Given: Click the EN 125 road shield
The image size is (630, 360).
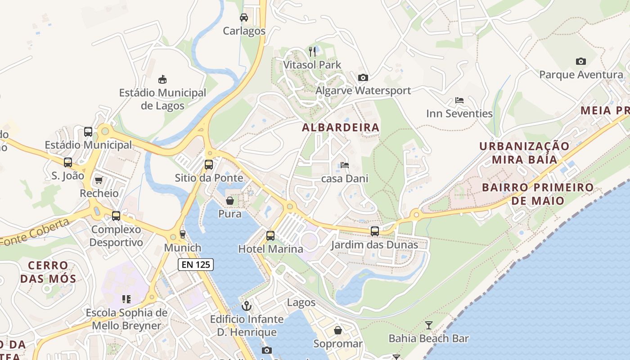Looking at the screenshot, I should [x=196, y=265].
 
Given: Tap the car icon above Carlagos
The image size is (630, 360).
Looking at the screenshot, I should [x=244, y=18].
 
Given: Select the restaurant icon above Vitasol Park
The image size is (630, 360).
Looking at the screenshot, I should [x=313, y=52].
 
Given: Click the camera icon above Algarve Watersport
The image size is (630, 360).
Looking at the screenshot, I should [x=363, y=78].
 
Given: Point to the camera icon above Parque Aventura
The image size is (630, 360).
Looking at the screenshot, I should [x=581, y=61].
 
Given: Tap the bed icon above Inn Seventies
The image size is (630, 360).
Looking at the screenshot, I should [x=459, y=100].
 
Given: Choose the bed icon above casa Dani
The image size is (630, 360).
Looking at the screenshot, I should [x=345, y=165].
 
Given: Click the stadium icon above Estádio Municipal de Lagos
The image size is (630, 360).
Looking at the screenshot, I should [x=162, y=80].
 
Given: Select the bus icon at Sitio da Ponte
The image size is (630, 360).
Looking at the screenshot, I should [x=209, y=165].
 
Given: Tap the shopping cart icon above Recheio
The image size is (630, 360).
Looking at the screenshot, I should [x=99, y=180].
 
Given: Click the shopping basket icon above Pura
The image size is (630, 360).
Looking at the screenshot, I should [x=230, y=201].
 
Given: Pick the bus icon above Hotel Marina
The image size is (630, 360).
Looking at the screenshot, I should [x=270, y=235].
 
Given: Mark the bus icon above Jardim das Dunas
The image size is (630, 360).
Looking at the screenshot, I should [x=374, y=231].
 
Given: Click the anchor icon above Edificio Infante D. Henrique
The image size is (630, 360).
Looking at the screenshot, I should [x=247, y=306].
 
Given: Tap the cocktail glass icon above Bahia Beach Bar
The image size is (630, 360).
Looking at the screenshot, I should [x=429, y=325].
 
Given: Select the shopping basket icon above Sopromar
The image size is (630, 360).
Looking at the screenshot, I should [x=338, y=331].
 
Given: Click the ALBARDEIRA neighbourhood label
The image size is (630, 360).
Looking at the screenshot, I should [x=341, y=128].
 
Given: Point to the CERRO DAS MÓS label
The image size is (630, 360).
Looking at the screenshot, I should [x=48, y=272].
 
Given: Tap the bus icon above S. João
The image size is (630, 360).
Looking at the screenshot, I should [x=68, y=162].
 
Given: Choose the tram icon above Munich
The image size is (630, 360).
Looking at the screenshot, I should [x=182, y=234].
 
